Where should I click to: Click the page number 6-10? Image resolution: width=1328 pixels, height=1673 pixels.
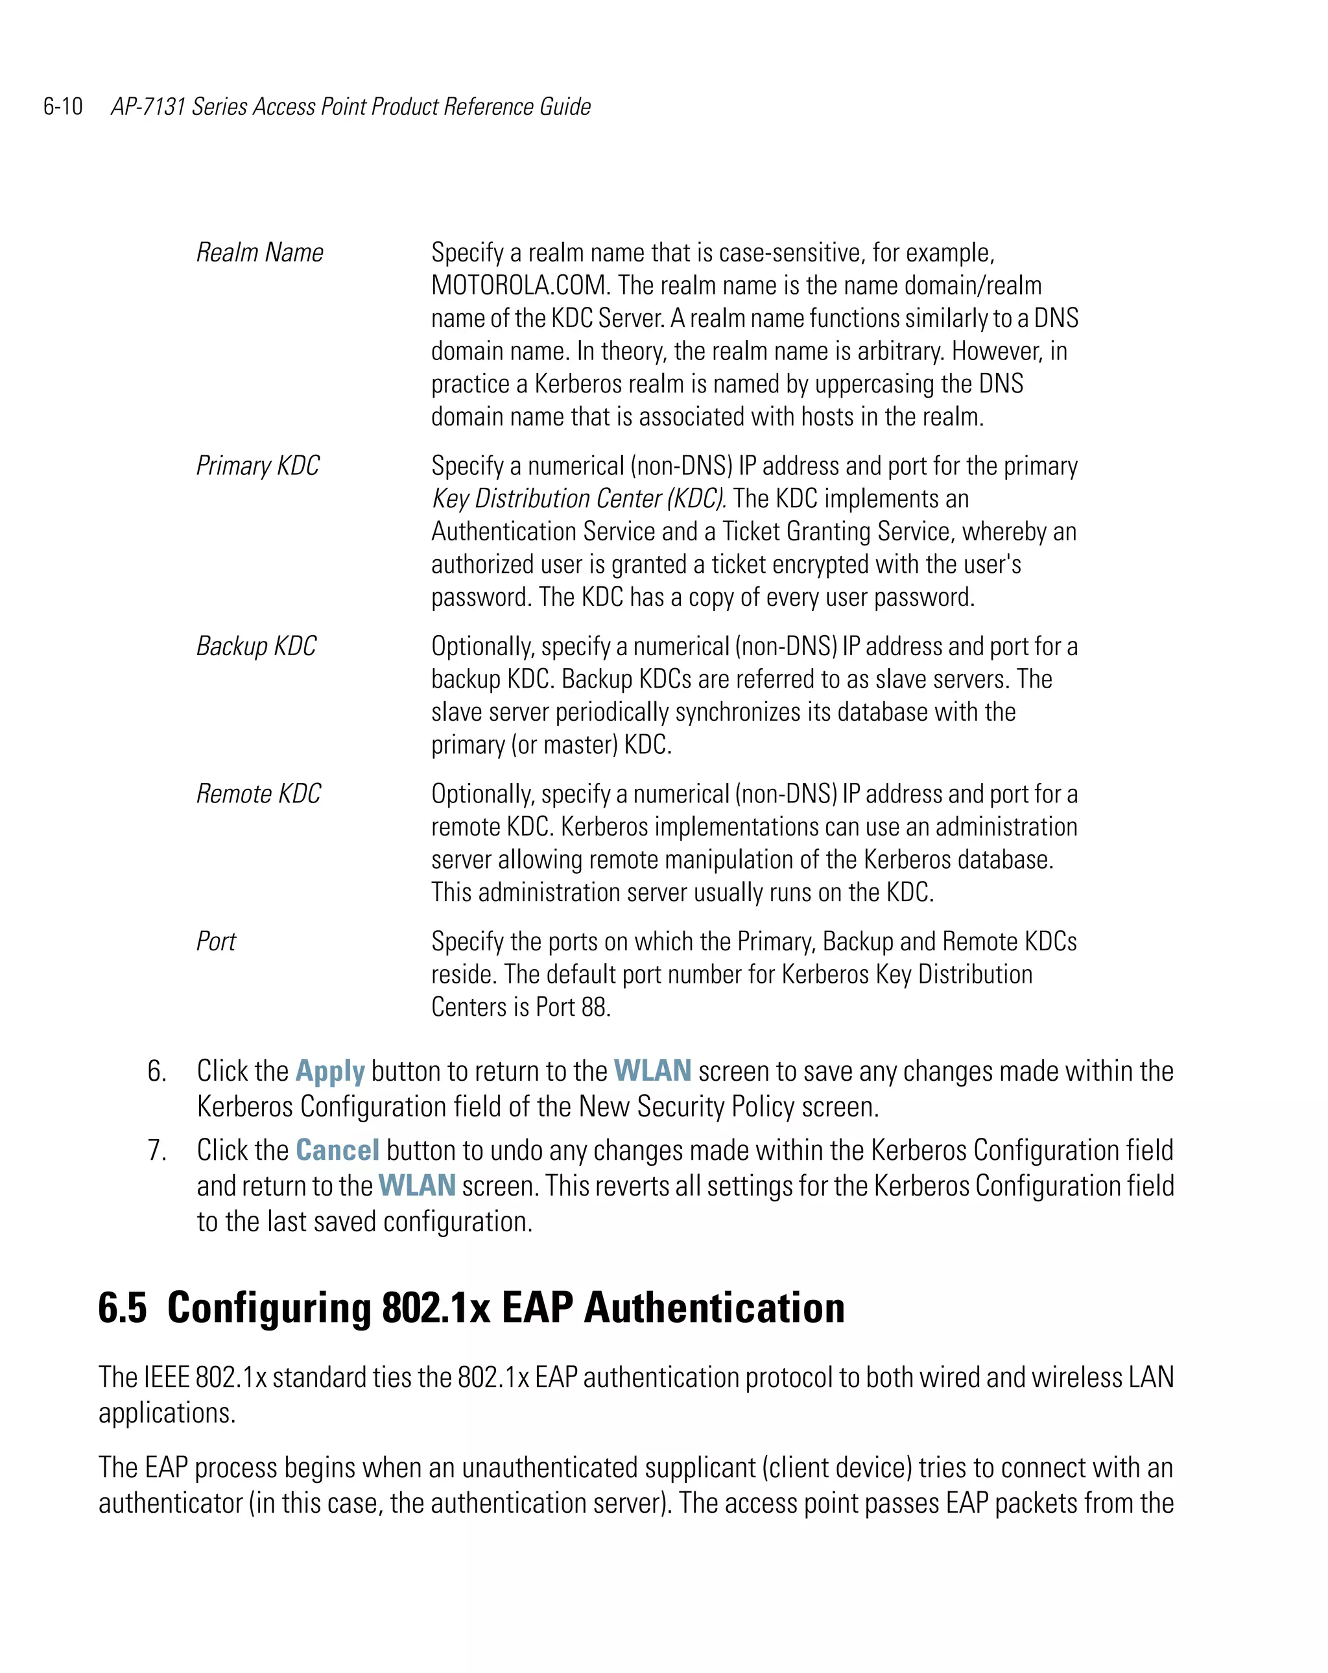pos(63,106)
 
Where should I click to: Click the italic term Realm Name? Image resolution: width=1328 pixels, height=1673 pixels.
pos(259,252)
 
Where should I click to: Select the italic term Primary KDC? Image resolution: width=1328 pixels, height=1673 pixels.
pos(257,466)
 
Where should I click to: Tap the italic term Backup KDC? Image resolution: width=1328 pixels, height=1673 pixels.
pos(256,645)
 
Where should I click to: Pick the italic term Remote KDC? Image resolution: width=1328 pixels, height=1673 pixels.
pos(258,793)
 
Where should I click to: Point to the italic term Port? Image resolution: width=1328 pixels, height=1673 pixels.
pos(216,941)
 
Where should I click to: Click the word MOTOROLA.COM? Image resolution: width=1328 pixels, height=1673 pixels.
pos(519,285)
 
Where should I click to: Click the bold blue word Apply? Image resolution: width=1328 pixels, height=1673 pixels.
pos(329,1072)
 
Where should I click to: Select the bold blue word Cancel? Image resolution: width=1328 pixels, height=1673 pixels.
pos(337,1150)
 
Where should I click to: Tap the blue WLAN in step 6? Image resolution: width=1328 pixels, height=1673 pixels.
pos(652,1071)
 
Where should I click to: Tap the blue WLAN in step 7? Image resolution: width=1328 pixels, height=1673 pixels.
pos(416,1186)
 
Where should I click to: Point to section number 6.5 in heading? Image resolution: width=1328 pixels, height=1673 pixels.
pos(122,1308)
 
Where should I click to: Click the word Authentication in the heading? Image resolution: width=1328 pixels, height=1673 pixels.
pos(714,1308)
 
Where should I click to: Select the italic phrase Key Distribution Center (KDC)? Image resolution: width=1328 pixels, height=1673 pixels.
pos(578,498)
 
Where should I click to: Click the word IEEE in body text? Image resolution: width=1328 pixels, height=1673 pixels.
pos(167,1377)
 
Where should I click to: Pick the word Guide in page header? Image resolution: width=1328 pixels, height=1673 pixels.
pos(565,106)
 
